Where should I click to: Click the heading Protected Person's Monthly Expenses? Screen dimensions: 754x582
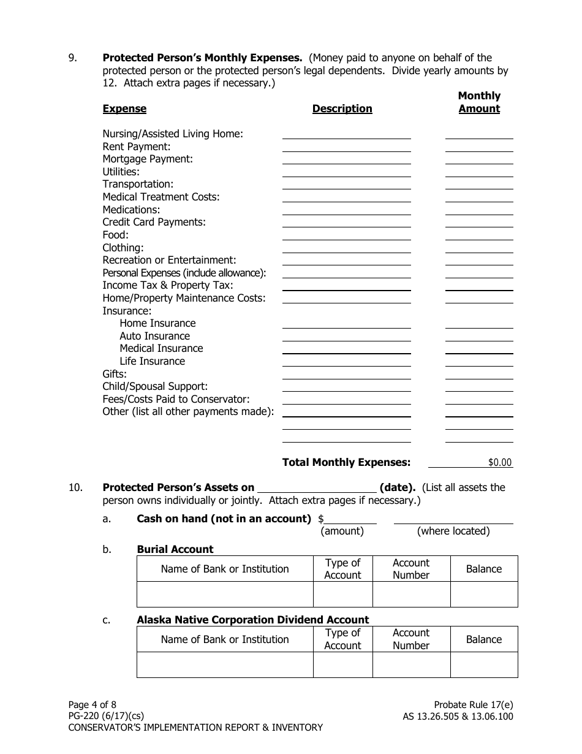click(202, 58)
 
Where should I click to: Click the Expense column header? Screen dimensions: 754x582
click(124, 109)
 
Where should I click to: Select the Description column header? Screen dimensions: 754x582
click(342, 109)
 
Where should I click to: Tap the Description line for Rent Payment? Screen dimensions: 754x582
click(346, 147)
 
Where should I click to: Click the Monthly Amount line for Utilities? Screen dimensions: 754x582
click(478, 172)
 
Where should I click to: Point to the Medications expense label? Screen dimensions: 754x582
click(131, 210)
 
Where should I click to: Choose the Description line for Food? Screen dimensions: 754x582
click(346, 235)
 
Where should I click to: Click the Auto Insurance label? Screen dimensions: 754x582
click(154, 336)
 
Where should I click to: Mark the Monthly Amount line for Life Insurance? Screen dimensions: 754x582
click(478, 362)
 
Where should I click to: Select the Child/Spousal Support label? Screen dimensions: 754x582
click(155, 387)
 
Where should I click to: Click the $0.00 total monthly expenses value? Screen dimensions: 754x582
click(499, 463)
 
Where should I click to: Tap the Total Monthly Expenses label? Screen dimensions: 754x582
click(346, 463)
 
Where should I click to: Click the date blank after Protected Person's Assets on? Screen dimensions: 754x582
click(316, 488)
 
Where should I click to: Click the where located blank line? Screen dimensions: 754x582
click(453, 519)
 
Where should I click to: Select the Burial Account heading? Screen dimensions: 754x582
click(175, 550)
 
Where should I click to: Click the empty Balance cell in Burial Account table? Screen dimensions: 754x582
click(484, 595)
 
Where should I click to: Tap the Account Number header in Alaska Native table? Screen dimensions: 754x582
click(411, 639)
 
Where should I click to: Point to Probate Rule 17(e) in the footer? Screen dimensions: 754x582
click(473, 705)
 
